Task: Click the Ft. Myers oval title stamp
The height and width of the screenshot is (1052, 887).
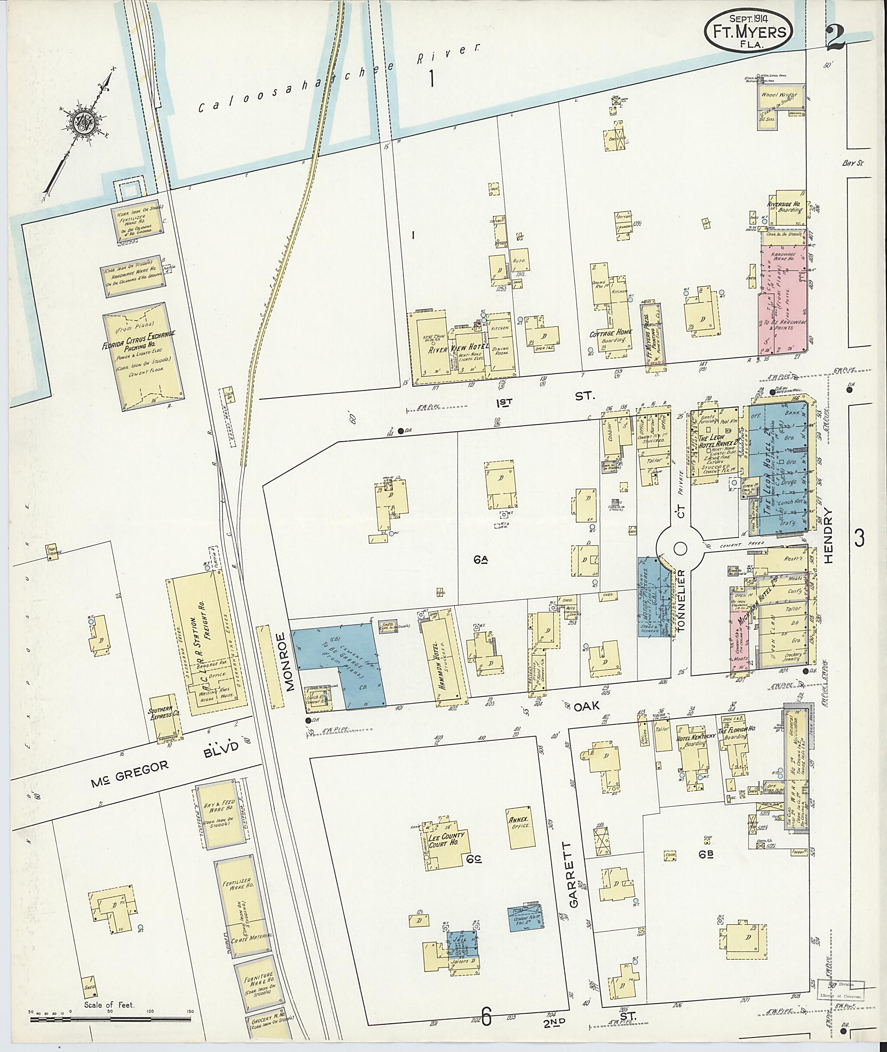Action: click(749, 31)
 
